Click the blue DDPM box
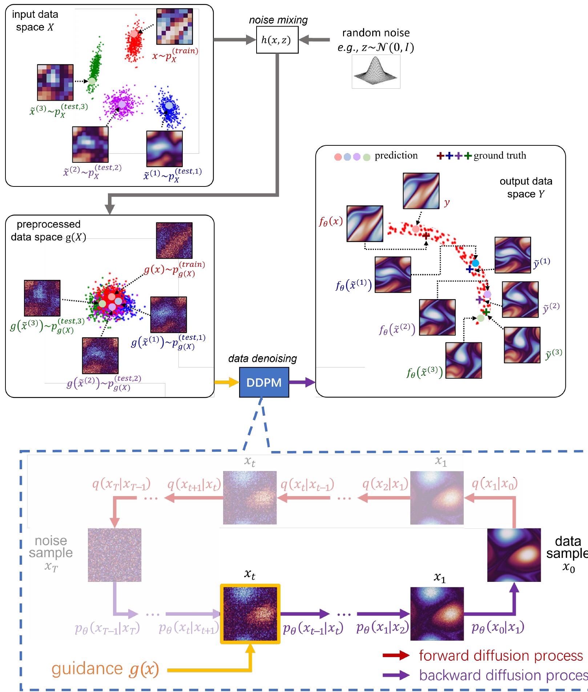pyautogui.click(x=264, y=382)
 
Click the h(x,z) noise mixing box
pyautogui.click(x=277, y=40)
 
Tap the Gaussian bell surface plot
pyautogui.click(x=376, y=72)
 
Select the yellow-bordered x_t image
pyautogui.click(x=250, y=614)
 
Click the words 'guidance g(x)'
pyautogui.click(x=105, y=669)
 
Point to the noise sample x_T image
pyautogui.click(x=114, y=555)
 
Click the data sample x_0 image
pyautogui.click(x=514, y=555)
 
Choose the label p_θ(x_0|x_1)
pyautogui.click(x=498, y=627)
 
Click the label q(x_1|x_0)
pyautogui.click(x=495, y=484)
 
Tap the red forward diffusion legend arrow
pyautogui.click(x=396, y=655)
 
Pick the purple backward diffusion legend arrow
pyautogui.click(x=396, y=675)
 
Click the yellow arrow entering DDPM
pyautogui.click(x=226, y=382)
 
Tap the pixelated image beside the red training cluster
pyautogui.click(x=174, y=27)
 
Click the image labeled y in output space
pyautogui.click(x=421, y=191)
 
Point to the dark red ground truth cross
pyautogui.click(x=426, y=236)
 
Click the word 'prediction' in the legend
pyautogui.click(x=396, y=156)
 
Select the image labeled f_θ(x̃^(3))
pyautogui.click(x=463, y=360)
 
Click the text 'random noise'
pyautogui.click(x=376, y=33)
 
